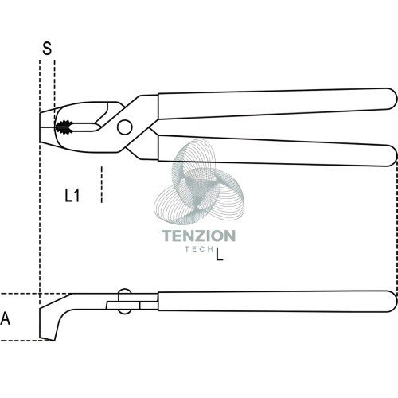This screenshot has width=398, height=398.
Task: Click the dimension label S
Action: pyautogui.click(x=47, y=49)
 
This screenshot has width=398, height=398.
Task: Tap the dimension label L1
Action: pyautogui.click(x=72, y=196)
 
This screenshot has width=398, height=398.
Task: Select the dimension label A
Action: pyautogui.click(x=6, y=318)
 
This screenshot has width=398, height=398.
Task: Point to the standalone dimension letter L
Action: pyautogui.click(x=220, y=254)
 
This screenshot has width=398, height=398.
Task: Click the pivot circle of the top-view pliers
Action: pyautogui.click(x=125, y=127)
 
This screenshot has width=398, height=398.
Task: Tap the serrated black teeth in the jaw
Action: pyautogui.click(x=64, y=127)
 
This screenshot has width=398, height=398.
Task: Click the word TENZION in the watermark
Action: pyautogui.click(x=198, y=236)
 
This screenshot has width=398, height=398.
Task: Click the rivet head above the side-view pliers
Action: pyautogui.click(x=125, y=291)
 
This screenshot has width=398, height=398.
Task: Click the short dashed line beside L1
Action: pyautogui.click(x=101, y=185)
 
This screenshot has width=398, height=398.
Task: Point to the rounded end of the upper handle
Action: pyautogui.click(x=392, y=99)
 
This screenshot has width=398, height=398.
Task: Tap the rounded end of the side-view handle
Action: pyautogui.click(x=392, y=301)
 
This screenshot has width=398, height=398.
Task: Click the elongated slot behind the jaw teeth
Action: pyautogui.click(x=85, y=127)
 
